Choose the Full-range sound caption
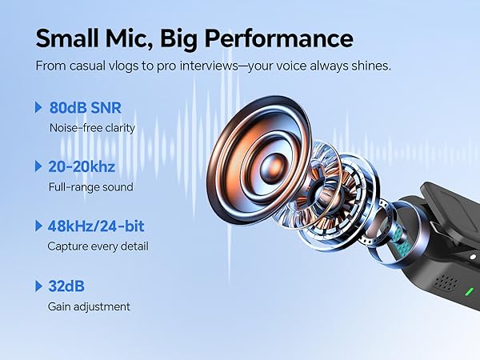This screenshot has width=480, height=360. [x=90, y=186]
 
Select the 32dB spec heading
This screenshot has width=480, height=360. [x=68, y=286]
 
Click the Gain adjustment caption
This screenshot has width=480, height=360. [x=88, y=306]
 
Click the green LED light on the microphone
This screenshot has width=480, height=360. [x=470, y=291]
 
